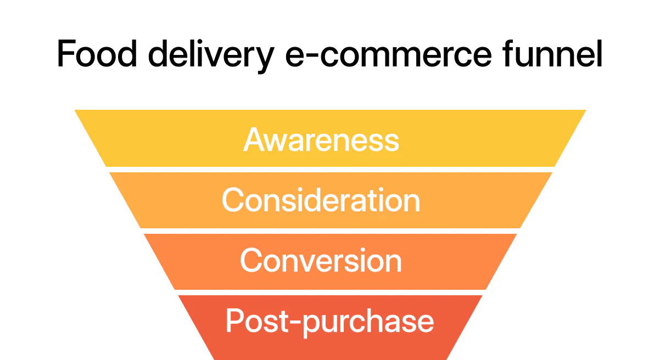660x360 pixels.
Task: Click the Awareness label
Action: (x=321, y=139)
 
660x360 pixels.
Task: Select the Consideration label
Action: (x=321, y=200)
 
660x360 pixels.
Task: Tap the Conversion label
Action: (x=321, y=260)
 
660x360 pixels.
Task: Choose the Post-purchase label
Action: (x=329, y=320)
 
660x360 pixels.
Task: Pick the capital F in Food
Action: (x=66, y=54)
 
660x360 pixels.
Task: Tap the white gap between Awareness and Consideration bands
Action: (x=330, y=170)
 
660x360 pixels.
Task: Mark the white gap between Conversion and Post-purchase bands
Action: (x=330, y=292)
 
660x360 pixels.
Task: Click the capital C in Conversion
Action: (x=250, y=260)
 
